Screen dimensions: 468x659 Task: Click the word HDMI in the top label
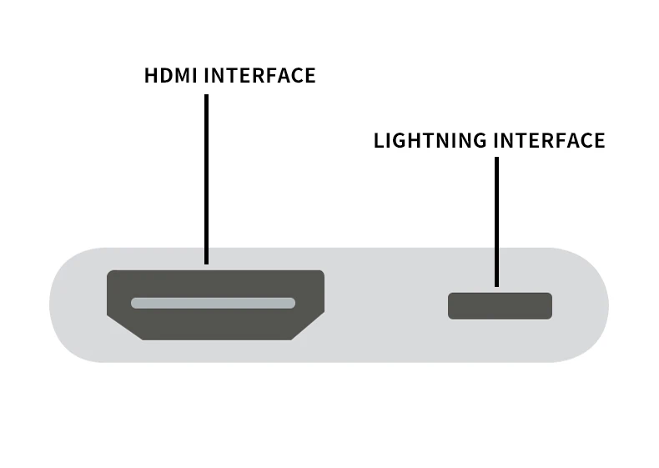coord(171,76)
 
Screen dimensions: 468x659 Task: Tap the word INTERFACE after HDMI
coord(259,76)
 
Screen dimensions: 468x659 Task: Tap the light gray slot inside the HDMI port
coord(214,303)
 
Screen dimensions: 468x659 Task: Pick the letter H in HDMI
coord(151,76)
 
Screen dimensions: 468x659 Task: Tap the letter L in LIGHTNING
coord(378,141)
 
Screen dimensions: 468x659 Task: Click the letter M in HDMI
coord(183,76)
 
